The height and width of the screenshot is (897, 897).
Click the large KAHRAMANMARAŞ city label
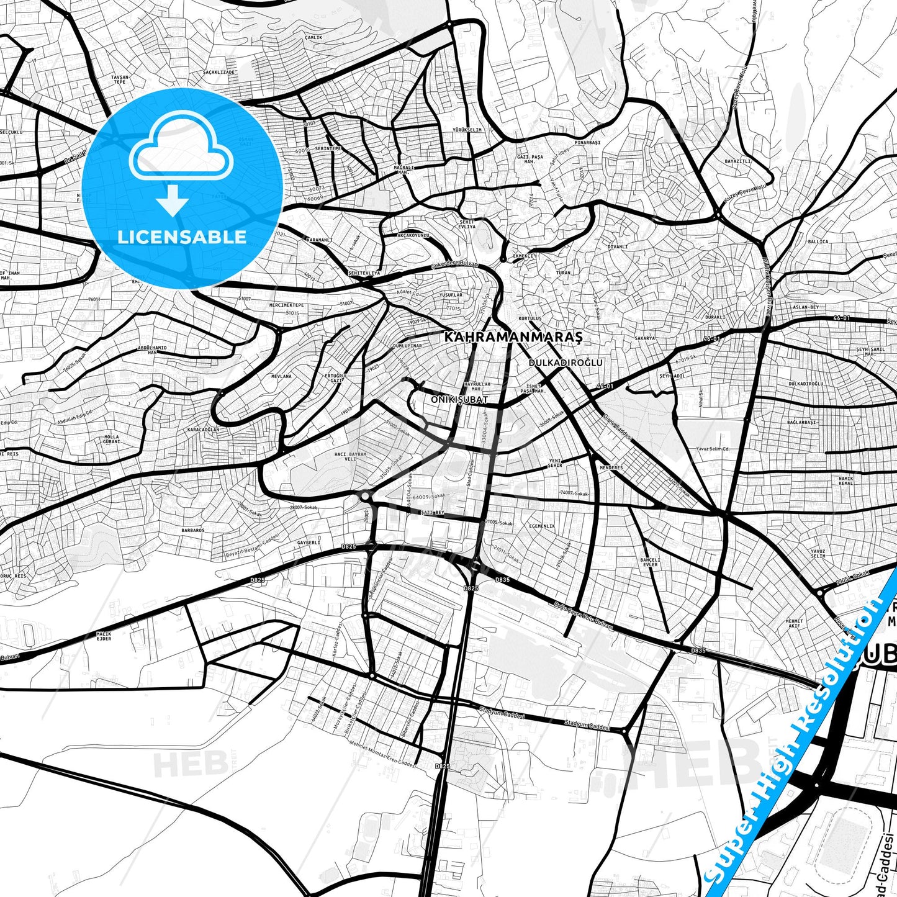pos(513,337)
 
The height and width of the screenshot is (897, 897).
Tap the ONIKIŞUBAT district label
pos(459,400)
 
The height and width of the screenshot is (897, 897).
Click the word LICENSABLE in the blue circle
pos(182,237)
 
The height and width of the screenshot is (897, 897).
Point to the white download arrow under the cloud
pos(173,201)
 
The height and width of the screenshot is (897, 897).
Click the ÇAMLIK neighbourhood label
pos(313,38)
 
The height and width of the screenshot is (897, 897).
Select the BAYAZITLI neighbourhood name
pos(738,161)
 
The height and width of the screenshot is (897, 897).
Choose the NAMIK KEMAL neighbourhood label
pos(846,480)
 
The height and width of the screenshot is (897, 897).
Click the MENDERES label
pos(611,467)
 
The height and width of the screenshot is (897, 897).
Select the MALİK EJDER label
pos(104,636)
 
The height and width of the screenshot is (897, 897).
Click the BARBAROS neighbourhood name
pos(192,530)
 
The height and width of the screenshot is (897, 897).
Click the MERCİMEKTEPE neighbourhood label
pos(286,305)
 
